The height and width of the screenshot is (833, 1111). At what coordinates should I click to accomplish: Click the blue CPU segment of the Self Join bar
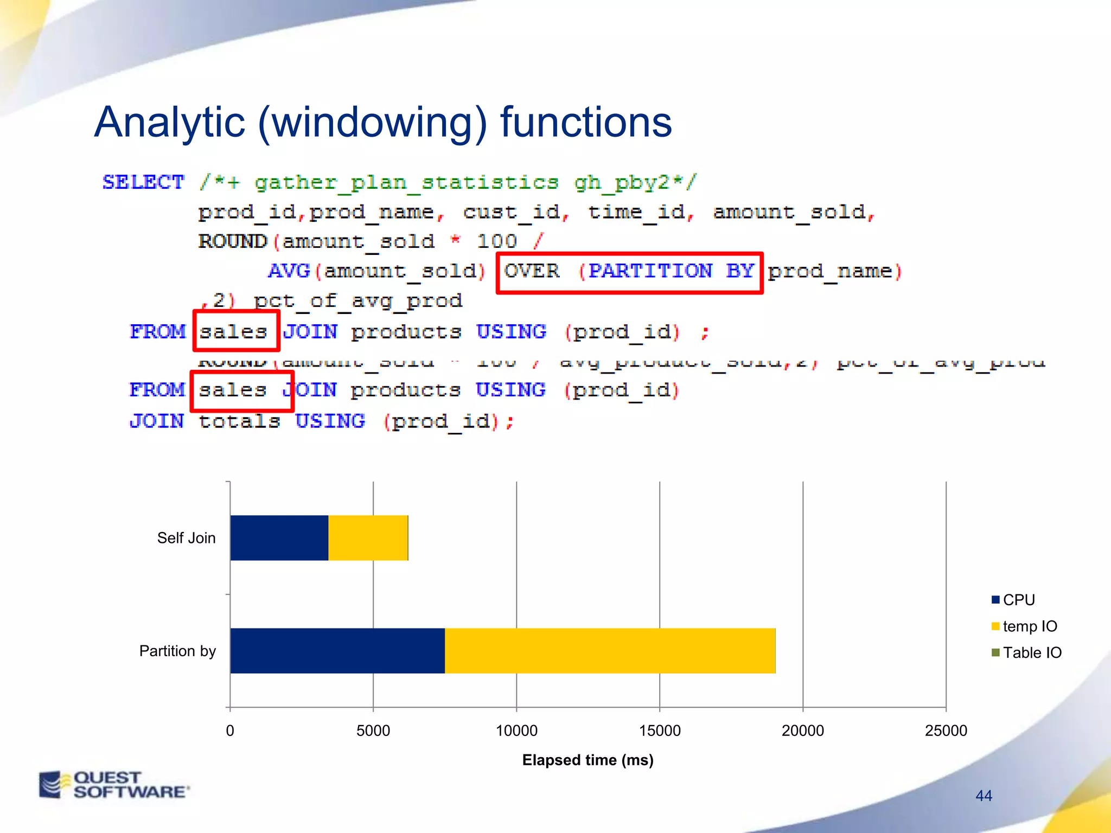(x=279, y=537)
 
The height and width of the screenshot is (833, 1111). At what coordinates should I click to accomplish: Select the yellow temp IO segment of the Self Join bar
(x=368, y=537)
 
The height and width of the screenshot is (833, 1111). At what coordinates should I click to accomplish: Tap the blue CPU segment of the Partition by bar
(x=337, y=650)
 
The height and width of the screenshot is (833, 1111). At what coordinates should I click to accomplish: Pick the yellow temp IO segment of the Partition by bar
(x=610, y=650)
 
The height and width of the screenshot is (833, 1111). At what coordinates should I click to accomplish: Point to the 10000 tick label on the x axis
(x=516, y=731)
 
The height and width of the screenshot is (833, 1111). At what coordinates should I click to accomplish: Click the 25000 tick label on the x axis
(x=946, y=731)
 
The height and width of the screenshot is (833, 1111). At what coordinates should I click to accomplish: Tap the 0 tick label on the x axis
(x=230, y=731)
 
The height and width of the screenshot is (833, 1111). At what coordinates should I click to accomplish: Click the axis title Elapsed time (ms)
(x=588, y=760)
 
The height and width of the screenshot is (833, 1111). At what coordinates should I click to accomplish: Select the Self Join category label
(x=186, y=538)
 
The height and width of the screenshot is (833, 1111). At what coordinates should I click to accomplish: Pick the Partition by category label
(x=177, y=651)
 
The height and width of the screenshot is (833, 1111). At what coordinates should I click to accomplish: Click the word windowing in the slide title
(x=373, y=122)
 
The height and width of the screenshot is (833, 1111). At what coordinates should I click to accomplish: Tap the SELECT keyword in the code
(x=143, y=182)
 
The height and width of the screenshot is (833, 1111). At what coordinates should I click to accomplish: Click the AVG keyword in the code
(x=289, y=271)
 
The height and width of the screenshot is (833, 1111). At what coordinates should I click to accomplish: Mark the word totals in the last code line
(x=239, y=421)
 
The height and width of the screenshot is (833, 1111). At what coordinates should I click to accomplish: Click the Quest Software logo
(x=114, y=784)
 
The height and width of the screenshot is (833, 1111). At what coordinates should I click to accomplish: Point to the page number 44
(x=984, y=796)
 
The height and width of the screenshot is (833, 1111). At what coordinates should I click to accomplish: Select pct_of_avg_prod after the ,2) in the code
(x=358, y=300)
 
